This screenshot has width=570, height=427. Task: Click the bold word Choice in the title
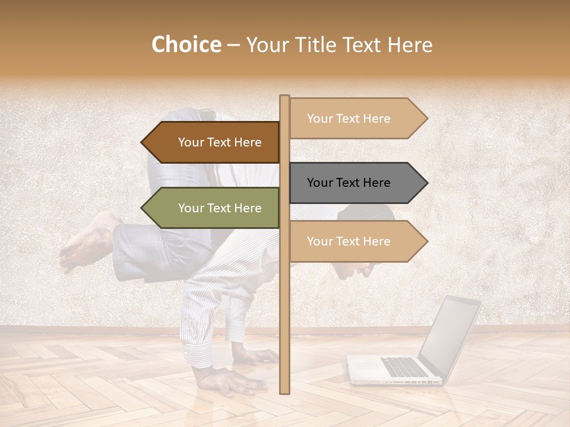pos(186,44)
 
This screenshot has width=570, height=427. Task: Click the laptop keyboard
pos(404,367)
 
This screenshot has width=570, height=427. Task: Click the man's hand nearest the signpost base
pos(255,356)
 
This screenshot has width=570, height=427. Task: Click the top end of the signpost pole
pos(284,97)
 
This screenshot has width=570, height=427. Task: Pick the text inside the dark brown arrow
pos(220,142)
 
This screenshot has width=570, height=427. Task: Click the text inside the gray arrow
pos(349,183)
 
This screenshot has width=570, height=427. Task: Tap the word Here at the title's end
pos(410,44)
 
